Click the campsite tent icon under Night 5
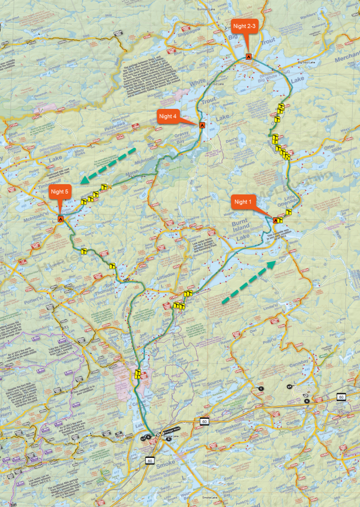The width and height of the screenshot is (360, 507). (60, 218)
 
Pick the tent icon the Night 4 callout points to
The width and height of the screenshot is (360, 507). (202, 125)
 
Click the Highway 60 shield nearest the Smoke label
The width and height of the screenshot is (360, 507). (150, 461)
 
